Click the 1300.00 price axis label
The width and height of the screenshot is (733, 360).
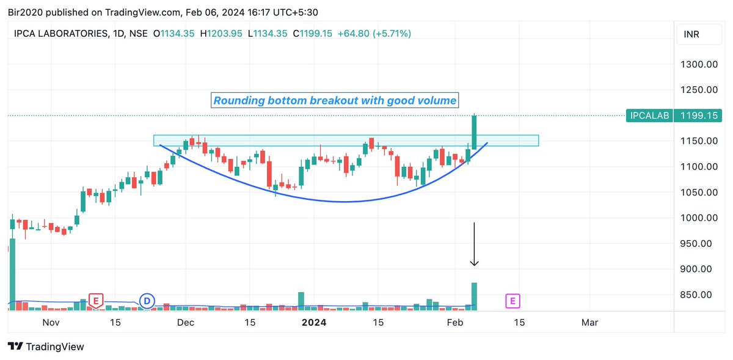(x=698, y=64)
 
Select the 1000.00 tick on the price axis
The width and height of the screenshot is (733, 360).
(x=698, y=218)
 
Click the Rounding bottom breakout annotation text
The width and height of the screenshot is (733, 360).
(x=335, y=100)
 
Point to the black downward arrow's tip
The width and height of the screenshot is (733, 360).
(x=474, y=265)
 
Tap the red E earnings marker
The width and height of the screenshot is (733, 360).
(x=95, y=300)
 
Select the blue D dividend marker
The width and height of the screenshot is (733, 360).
(x=147, y=301)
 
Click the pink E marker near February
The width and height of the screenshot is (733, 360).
(x=512, y=301)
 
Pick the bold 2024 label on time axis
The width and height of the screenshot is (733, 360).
(x=314, y=322)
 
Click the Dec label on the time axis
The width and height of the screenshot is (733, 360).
(x=185, y=322)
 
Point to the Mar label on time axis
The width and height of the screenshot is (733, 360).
(x=589, y=322)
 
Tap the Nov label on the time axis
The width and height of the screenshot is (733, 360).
(x=51, y=322)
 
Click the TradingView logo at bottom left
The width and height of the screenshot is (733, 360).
(x=46, y=347)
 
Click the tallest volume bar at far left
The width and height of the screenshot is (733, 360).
(x=12, y=275)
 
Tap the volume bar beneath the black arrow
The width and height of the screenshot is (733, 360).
(x=474, y=296)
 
